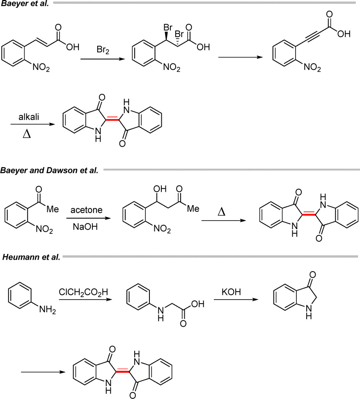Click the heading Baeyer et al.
click(x=25, y=4)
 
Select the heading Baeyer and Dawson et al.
click(x=49, y=170)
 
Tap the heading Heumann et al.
click(x=31, y=257)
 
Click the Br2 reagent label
click(x=103, y=50)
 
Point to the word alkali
click(x=29, y=117)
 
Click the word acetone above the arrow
click(x=87, y=210)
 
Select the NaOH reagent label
click(x=85, y=226)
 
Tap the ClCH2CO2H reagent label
click(x=83, y=292)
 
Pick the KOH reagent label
click(x=231, y=292)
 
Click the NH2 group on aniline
click(x=48, y=310)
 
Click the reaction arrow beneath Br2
click(x=103, y=59)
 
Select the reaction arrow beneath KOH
click(x=236, y=300)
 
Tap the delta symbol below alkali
click(x=27, y=134)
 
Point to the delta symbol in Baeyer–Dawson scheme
click(x=222, y=212)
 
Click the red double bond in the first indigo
click(x=112, y=119)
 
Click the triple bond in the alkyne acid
click(x=310, y=37)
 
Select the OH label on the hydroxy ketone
click(x=160, y=189)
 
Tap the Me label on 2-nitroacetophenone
click(x=53, y=209)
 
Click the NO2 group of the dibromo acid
click(x=172, y=67)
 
